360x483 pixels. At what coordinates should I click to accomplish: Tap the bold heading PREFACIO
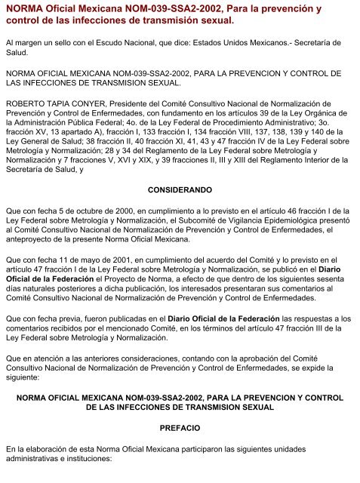pos(180,428)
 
